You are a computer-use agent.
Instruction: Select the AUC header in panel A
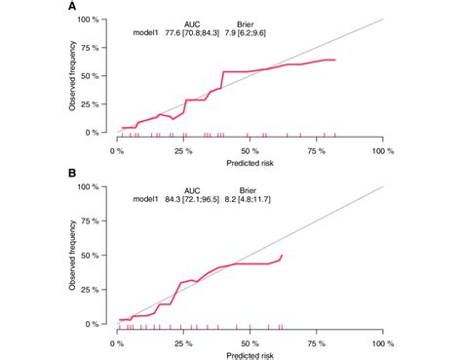click(193, 22)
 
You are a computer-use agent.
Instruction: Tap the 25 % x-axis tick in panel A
click(183, 152)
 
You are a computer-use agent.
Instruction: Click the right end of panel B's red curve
click(283, 255)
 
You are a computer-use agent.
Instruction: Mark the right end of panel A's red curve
click(336, 60)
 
